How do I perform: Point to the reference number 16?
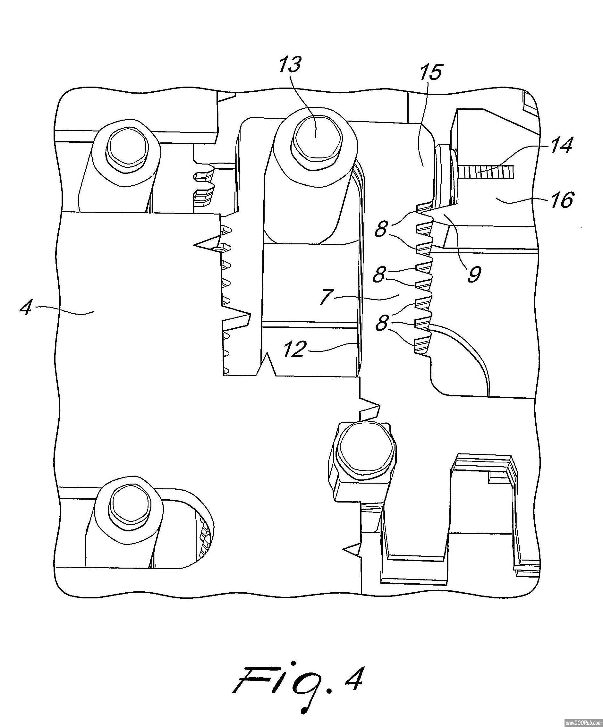click(561, 200)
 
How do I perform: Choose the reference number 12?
click(294, 350)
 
